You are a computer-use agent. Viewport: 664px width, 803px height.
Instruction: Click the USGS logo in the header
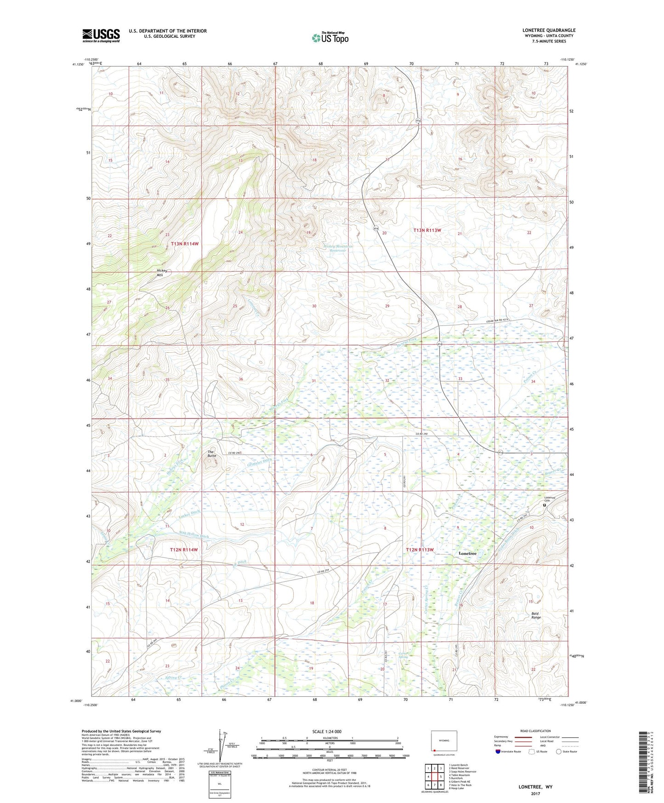pos(101,35)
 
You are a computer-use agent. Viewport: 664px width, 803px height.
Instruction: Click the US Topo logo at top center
pos(329,38)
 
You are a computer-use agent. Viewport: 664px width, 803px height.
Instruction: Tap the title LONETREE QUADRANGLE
pos(549,30)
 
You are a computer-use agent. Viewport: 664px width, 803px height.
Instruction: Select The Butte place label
pos(211,454)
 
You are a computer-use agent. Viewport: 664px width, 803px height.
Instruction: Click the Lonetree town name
pos(468,554)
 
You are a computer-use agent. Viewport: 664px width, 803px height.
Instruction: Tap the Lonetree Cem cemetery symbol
pos(545,505)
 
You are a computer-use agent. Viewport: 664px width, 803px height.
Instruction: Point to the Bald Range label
pos(536,615)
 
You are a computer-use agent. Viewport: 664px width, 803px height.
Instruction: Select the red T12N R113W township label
pos(420,550)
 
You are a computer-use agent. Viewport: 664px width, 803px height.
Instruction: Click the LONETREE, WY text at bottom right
pos(535,787)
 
